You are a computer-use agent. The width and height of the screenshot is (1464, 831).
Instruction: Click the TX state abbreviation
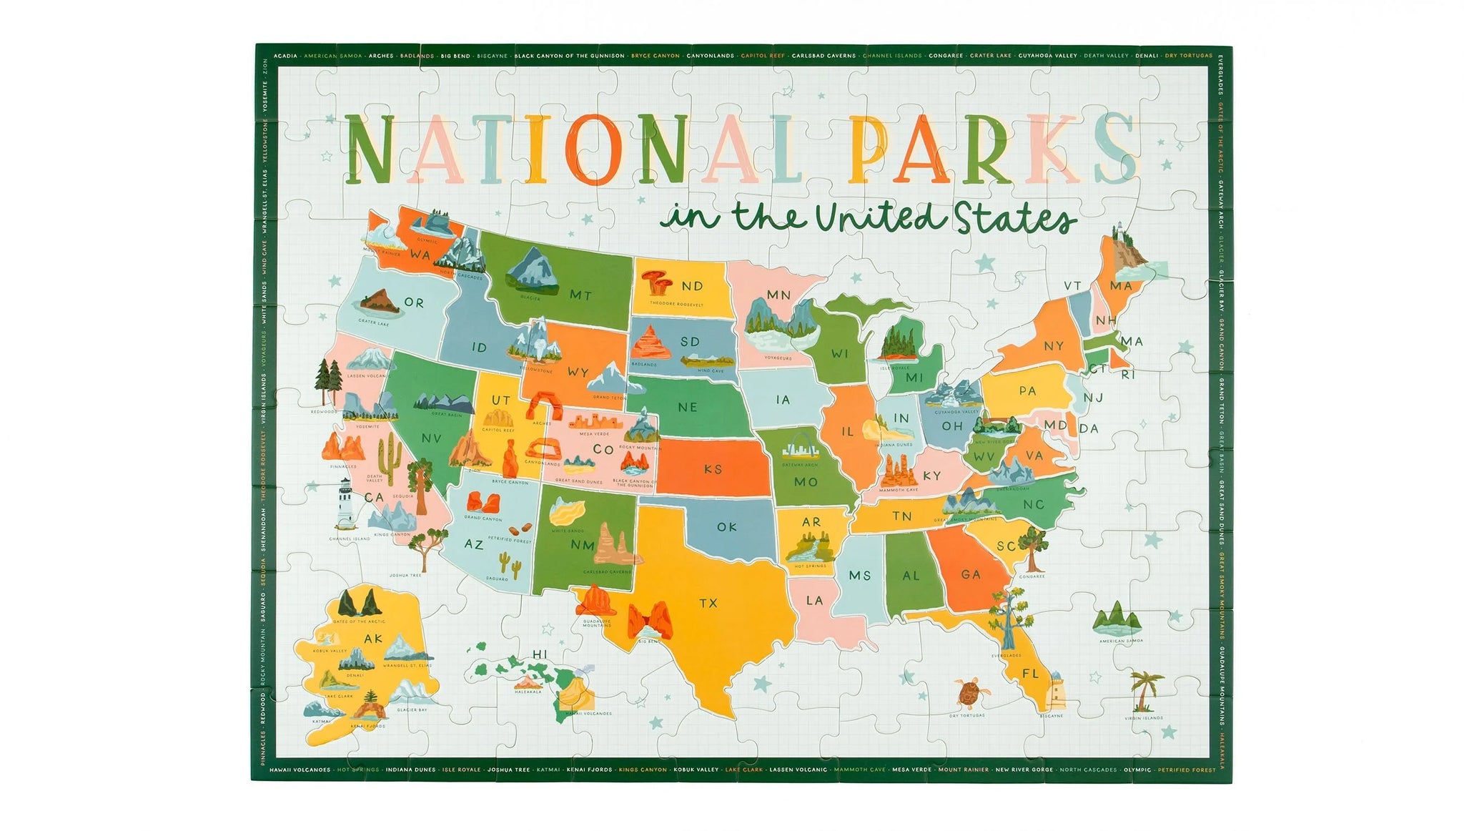(x=708, y=604)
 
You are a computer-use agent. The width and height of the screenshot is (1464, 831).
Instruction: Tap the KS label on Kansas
(x=713, y=470)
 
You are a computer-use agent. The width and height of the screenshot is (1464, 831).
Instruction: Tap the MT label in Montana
(x=580, y=295)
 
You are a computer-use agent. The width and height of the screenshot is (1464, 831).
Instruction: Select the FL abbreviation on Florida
(x=1030, y=674)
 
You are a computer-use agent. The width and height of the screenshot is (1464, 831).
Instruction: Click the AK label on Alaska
(x=373, y=639)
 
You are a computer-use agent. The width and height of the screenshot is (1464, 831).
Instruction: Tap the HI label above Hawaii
(x=540, y=654)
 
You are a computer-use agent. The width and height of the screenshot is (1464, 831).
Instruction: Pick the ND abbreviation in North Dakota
(x=692, y=286)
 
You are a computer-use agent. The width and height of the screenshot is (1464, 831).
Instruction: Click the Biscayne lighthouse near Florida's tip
(x=1055, y=690)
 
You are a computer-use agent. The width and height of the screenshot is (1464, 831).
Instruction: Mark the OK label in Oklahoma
(x=726, y=527)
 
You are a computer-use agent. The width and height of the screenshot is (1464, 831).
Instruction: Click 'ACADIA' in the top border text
(x=286, y=55)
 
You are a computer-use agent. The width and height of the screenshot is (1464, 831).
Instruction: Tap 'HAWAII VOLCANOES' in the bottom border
(x=300, y=769)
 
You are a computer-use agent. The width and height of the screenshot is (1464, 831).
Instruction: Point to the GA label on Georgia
(x=971, y=574)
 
